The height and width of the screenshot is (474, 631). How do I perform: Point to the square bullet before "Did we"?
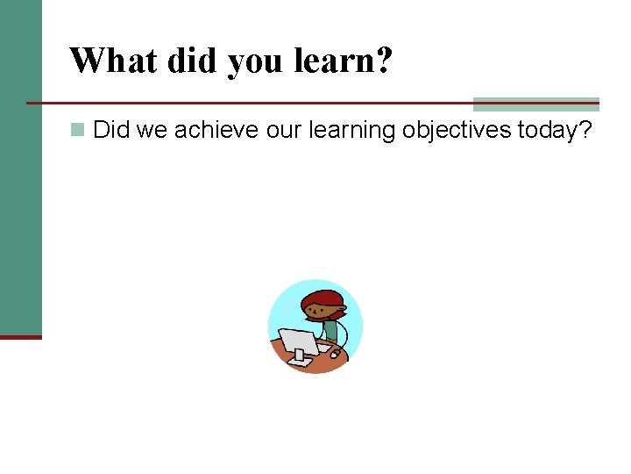click(x=78, y=131)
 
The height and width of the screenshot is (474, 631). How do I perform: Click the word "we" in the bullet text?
click(x=149, y=131)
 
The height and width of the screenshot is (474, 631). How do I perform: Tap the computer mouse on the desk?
click(x=336, y=355)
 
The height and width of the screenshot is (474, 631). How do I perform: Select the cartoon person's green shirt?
click(x=330, y=331)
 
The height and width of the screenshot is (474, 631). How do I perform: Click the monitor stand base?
click(x=301, y=359)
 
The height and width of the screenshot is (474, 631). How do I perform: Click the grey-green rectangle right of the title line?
click(x=535, y=104)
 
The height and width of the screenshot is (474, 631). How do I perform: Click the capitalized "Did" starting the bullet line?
click(x=111, y=131)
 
